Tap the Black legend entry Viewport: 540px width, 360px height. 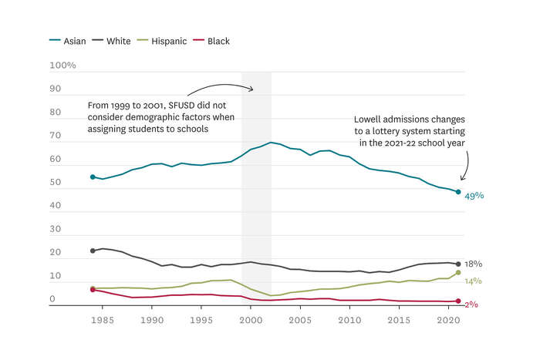pos(217,41)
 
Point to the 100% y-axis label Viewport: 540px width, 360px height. pos(62,66)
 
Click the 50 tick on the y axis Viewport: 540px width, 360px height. pos(56,183)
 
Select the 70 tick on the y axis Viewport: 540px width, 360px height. pos(56,136)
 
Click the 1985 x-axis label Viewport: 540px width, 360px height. pos(102,318)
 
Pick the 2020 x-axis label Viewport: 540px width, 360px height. pos(448,318)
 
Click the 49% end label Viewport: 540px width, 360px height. pos(474,196)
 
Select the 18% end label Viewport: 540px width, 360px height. pos(474,264)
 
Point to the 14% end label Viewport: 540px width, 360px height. pos(474,281)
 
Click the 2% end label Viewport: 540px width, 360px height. pos(471,304)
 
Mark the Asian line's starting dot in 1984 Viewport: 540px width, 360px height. pos(93,177)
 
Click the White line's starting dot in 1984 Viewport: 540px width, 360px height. pos(93,251)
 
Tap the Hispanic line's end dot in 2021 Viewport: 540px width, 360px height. pos(458,272)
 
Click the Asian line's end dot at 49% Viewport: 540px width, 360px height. pos(458,192)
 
